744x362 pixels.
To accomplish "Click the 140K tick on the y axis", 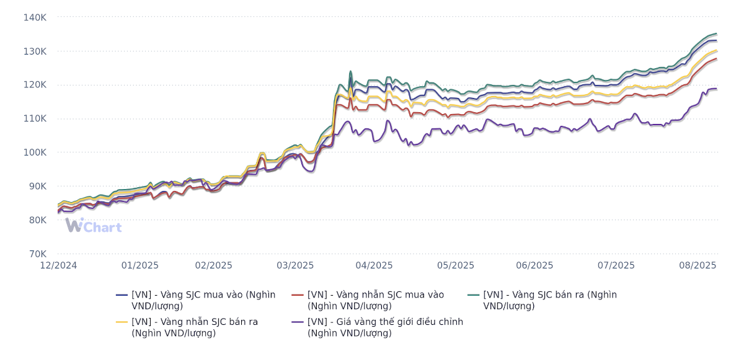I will pyautogui.click(x=35, y=17).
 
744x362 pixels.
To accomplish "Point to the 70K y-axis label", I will pyautogui.click(x=37, y=254).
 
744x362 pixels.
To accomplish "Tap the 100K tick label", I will pyautogui.click(x=35, y=152).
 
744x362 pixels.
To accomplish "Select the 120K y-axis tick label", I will pyautogui.click(x=35, y=85).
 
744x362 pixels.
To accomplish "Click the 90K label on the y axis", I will pyautogui.click(x=37, y=186).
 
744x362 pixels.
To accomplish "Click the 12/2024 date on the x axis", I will pyautogui.click(x=58, y=265).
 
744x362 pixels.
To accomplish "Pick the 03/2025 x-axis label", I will pyautogui.click(x=295, y=265).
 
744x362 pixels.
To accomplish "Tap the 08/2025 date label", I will pyautogui.click(x=697, y=265).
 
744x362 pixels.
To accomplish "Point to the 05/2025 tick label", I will pyautogui.click(x=455, y=265).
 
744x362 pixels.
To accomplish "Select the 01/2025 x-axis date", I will pyautogui.click(x=139, y=265).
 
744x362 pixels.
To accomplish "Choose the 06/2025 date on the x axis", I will pyautogui.click(x=534, y=265).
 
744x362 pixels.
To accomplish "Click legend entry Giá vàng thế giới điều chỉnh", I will pyautogui.click(x=384, y=327).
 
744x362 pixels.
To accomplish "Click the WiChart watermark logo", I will pyautogui.click(x=93, y=226).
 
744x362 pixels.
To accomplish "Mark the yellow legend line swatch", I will pyautogui.click(x=122, y=322).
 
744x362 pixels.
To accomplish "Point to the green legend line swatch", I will pyautogui.click(x=473, y=295).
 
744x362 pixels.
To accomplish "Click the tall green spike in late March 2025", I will pyautogui.click(x=350, y=72).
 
